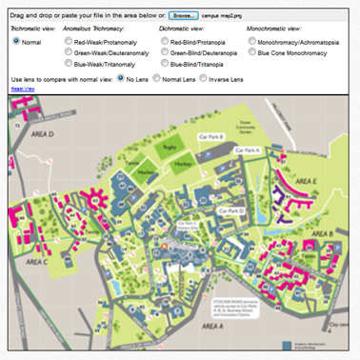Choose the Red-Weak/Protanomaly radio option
point(68,42)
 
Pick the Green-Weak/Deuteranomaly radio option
point(68,52)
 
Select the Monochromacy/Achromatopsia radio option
point(251,42)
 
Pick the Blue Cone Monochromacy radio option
point(251,52)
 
